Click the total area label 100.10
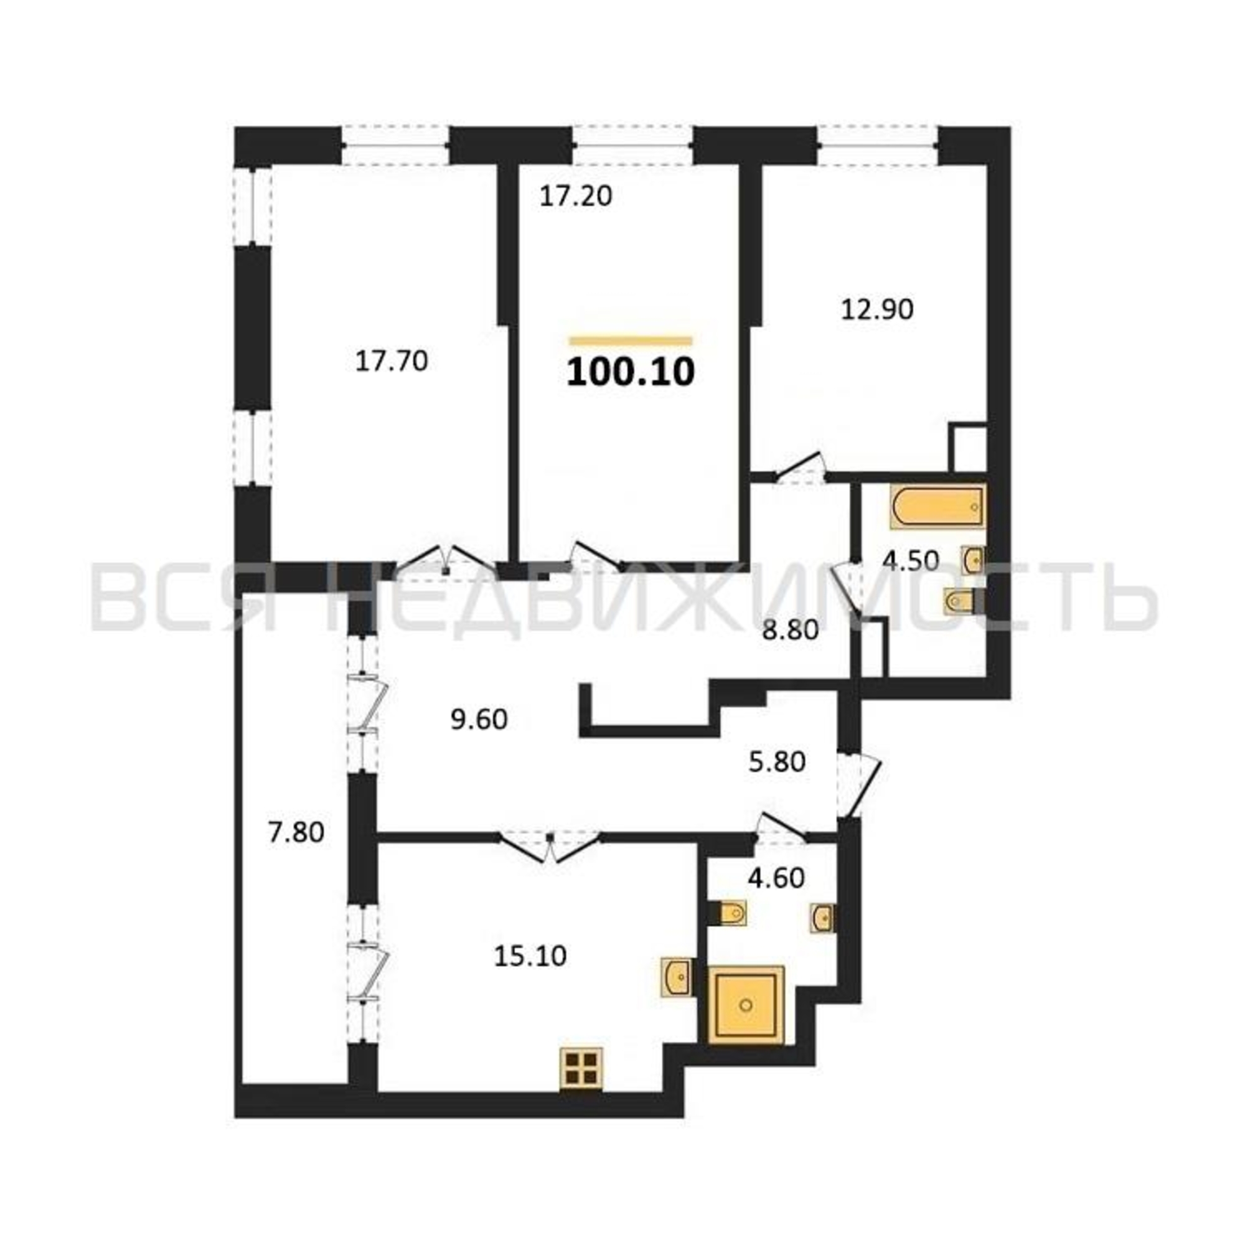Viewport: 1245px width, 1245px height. click(631, 372)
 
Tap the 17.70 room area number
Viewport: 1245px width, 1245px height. click(392, 362)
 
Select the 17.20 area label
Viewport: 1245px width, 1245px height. click(575, 197)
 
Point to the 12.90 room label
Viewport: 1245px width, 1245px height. click(877, 310)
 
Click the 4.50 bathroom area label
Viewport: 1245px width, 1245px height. click(910, 561)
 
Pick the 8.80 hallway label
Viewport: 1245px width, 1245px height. click(790, 629)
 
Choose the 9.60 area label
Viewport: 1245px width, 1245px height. click(479, 720)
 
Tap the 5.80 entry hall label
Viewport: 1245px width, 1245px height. click(777, 763)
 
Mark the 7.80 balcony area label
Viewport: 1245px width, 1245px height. click(296, 832)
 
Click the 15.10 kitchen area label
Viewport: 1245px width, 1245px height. click(530, 956)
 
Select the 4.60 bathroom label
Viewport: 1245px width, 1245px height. click(776, 878)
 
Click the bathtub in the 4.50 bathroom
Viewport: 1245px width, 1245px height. click(938, 507)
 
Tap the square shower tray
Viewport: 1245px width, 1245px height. click(746, 1005)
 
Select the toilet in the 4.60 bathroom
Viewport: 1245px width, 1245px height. click(729, 913)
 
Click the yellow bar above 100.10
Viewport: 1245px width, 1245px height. click(630, 341)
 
